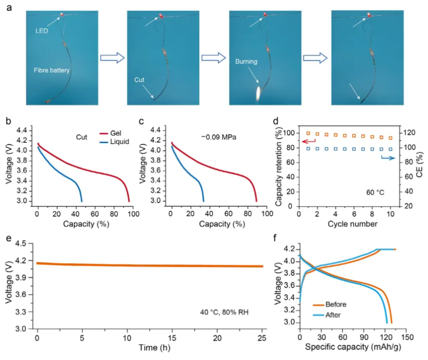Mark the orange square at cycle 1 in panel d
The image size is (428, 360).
[x=309, y=133]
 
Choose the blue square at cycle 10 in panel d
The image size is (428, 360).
[x=391, y=149]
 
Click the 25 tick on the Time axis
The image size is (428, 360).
[x=262, y=337]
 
